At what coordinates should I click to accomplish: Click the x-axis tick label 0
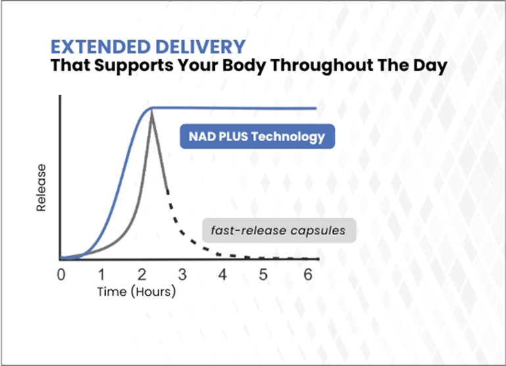coord(61,275)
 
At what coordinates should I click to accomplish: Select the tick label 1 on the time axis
coord(102,275)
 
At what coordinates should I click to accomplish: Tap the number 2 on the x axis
coord(142,275)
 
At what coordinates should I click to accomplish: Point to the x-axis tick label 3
coord(182,275)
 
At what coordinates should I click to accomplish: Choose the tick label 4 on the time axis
coord(222,275)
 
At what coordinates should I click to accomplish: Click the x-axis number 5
coord(263,275)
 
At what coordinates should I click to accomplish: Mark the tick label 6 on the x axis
coord(308,275)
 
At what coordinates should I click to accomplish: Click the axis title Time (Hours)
coord(137,292)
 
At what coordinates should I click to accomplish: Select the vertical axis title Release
coord(41,188)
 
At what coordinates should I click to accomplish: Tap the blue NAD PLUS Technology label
coord(257,137)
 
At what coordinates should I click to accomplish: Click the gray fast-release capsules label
coord(279,231)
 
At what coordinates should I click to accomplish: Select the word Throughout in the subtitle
coord(322,65)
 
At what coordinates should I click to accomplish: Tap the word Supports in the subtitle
coord(133,66)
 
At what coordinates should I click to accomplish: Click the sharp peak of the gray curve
coord(151,113)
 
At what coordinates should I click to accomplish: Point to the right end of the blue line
coord(316,108)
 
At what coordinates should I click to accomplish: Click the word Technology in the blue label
coord(288,137)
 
